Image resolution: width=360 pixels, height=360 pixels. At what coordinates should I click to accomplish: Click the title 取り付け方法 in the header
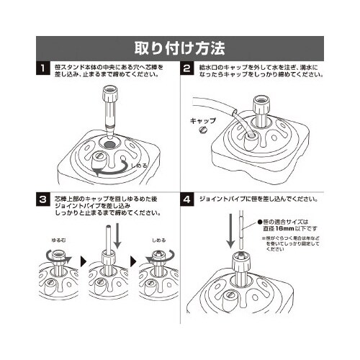point(180,49)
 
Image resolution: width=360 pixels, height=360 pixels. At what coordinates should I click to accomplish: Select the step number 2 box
point(186,70)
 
